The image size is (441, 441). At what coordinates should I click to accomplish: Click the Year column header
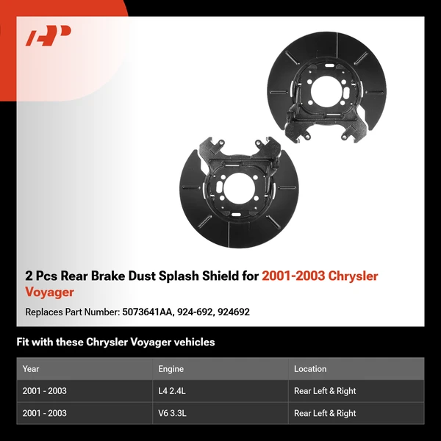31,369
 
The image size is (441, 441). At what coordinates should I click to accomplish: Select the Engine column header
171,369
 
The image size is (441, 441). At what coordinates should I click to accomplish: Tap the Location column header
310,369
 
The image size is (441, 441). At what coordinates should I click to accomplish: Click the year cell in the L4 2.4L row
45,391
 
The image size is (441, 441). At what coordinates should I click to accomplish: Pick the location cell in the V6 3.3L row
325,413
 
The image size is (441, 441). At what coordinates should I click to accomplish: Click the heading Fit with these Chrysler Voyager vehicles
115,342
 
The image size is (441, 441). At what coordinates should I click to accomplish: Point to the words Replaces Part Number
71,312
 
